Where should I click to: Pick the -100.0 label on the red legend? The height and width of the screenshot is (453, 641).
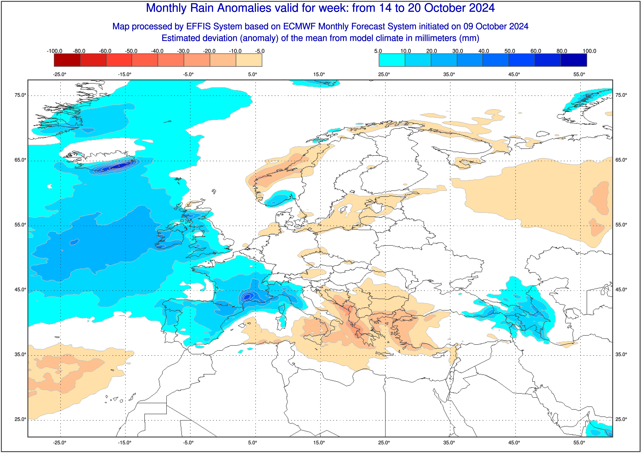(54, 51)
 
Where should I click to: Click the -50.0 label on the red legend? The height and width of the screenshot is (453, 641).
(131, 51)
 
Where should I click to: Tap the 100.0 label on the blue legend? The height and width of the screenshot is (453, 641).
(589, 51)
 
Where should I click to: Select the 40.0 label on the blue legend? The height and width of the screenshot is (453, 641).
(484, 51)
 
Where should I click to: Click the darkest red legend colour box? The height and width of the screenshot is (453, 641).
(67, 60)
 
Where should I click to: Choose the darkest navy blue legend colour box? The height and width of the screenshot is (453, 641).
(574, 60)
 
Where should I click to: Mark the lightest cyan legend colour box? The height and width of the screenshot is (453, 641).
(392, 60)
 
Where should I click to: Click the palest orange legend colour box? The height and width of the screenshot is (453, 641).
(249, 60)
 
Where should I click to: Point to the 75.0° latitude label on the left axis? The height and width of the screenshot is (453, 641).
(20, 95)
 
